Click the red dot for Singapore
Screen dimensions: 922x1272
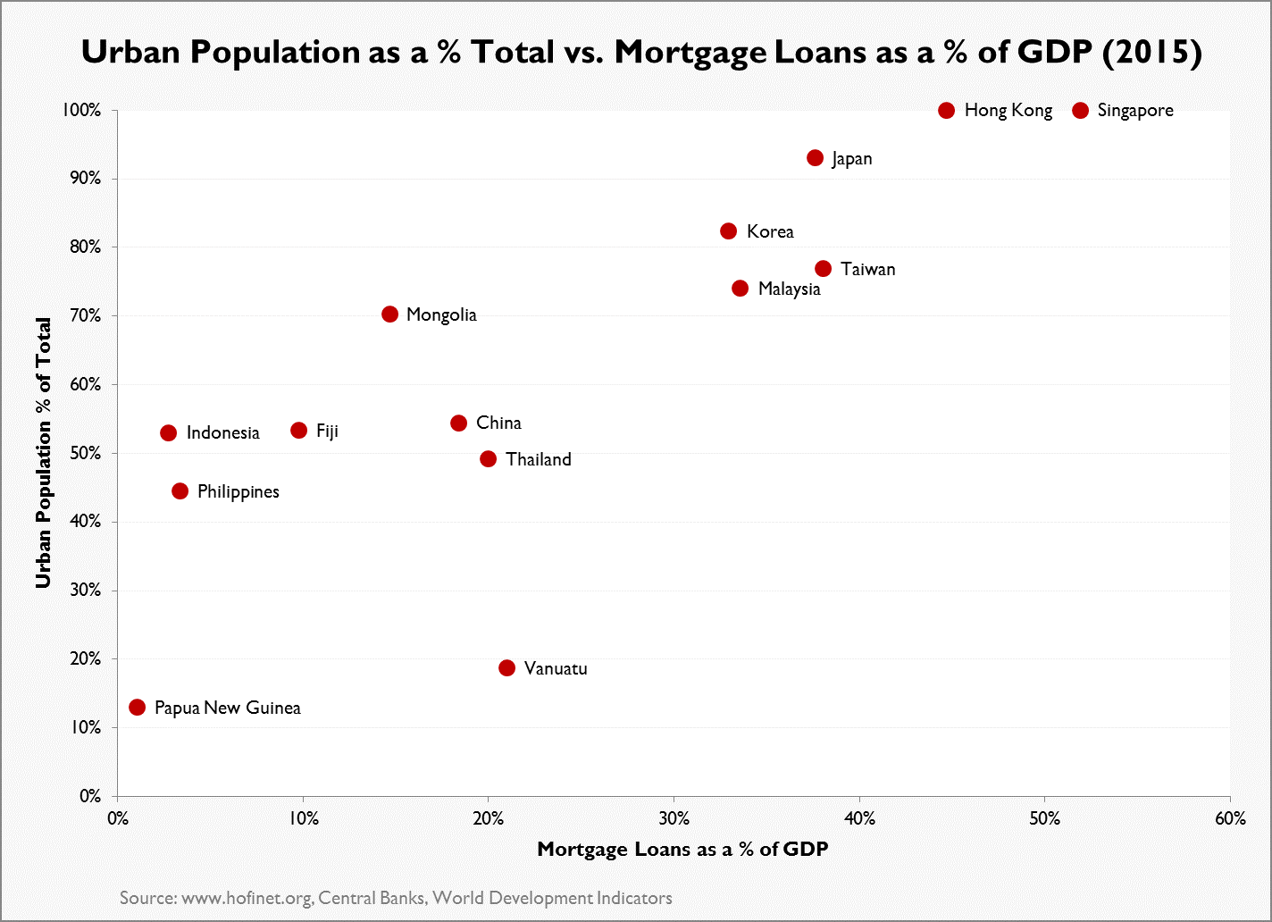(1080, 111)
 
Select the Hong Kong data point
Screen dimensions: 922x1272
(947, 111)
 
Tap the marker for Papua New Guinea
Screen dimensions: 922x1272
(137, 708)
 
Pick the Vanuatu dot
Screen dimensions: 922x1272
(506, 668)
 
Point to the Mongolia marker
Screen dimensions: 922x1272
(389, 314)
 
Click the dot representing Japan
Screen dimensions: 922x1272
(815, 158)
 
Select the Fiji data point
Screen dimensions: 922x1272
(298, 431)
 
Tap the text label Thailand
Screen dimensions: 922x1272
(538, 460)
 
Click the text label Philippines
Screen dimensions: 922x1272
(238, 492)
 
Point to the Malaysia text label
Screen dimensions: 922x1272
(789, 289)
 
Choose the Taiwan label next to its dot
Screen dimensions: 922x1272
(867, 270)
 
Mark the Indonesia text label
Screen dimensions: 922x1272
(222, 433)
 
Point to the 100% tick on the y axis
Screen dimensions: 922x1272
(84, 111)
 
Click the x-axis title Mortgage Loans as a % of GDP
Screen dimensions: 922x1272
(682, 850)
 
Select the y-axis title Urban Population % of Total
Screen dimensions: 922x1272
(42, 453)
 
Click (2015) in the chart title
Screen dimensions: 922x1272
(1152, 52)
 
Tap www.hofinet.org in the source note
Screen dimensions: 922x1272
(246, 898)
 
